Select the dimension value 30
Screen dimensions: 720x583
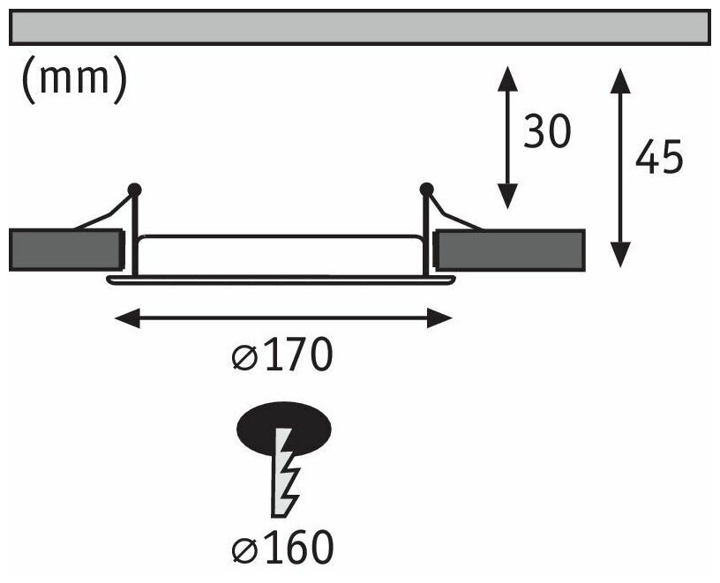pos(547,133)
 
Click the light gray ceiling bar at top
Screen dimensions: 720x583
pos(359,26)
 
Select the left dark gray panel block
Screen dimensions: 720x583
pos(64,249)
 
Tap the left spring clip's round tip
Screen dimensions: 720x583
pos(134,188)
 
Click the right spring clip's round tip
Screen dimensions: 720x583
pos(427,188)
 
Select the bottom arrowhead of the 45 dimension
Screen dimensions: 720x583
pos(621,256)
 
